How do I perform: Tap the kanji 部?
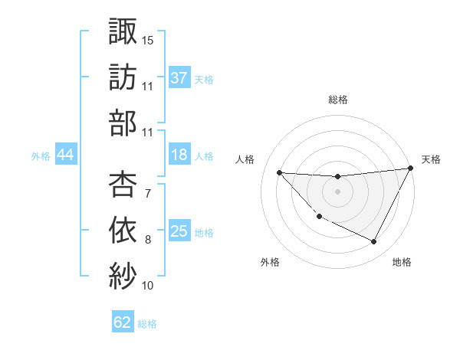point(123,123)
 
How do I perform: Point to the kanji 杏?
point(123,184)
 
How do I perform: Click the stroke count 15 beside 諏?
point(148,39)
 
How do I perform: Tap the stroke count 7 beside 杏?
point(147,193)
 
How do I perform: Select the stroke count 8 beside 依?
point(148,240)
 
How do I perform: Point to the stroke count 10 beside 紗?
point(148,286)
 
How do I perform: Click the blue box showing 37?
point(179,77)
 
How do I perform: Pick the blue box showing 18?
point(179,155)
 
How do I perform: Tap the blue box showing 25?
point(179,231)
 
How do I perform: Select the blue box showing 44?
point(65,155)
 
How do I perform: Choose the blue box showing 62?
point(123,322)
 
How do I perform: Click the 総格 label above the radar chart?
point(338,100)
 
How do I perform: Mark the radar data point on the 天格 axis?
point(411,169)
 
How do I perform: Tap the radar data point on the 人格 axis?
point(279,172)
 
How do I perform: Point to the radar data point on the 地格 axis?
point(374,242)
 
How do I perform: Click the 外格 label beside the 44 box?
point(41,155)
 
